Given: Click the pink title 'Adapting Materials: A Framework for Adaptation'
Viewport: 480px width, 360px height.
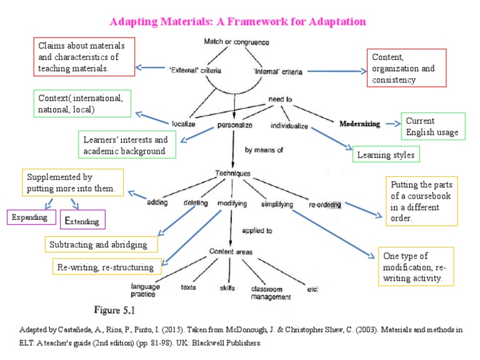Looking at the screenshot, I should point(237,22).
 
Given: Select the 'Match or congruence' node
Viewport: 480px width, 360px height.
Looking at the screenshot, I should point(236,42).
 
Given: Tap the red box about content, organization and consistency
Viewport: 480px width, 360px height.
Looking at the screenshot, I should point(407,68).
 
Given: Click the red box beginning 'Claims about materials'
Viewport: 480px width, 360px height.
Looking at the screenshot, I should point(82,57).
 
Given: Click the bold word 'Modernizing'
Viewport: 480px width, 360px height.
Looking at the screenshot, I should point(359,124).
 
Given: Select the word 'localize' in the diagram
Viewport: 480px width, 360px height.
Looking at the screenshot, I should point(184,124).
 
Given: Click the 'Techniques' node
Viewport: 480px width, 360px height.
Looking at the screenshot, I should point(232,173).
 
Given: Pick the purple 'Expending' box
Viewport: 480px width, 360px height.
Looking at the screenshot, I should point(27,217).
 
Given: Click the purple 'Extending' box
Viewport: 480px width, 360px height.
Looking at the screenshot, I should point(84,219).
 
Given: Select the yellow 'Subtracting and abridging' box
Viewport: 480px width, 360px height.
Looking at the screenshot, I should point(99,244).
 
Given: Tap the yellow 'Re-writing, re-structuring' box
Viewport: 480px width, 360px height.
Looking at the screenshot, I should point(106,267).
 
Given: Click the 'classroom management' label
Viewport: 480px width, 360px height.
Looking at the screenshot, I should point(271,293).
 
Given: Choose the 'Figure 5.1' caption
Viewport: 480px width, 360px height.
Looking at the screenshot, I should point(114,310).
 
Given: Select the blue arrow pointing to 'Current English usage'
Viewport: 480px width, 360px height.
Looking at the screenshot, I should point(392,124).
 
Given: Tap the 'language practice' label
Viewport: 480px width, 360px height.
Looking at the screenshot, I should point(146,289).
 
